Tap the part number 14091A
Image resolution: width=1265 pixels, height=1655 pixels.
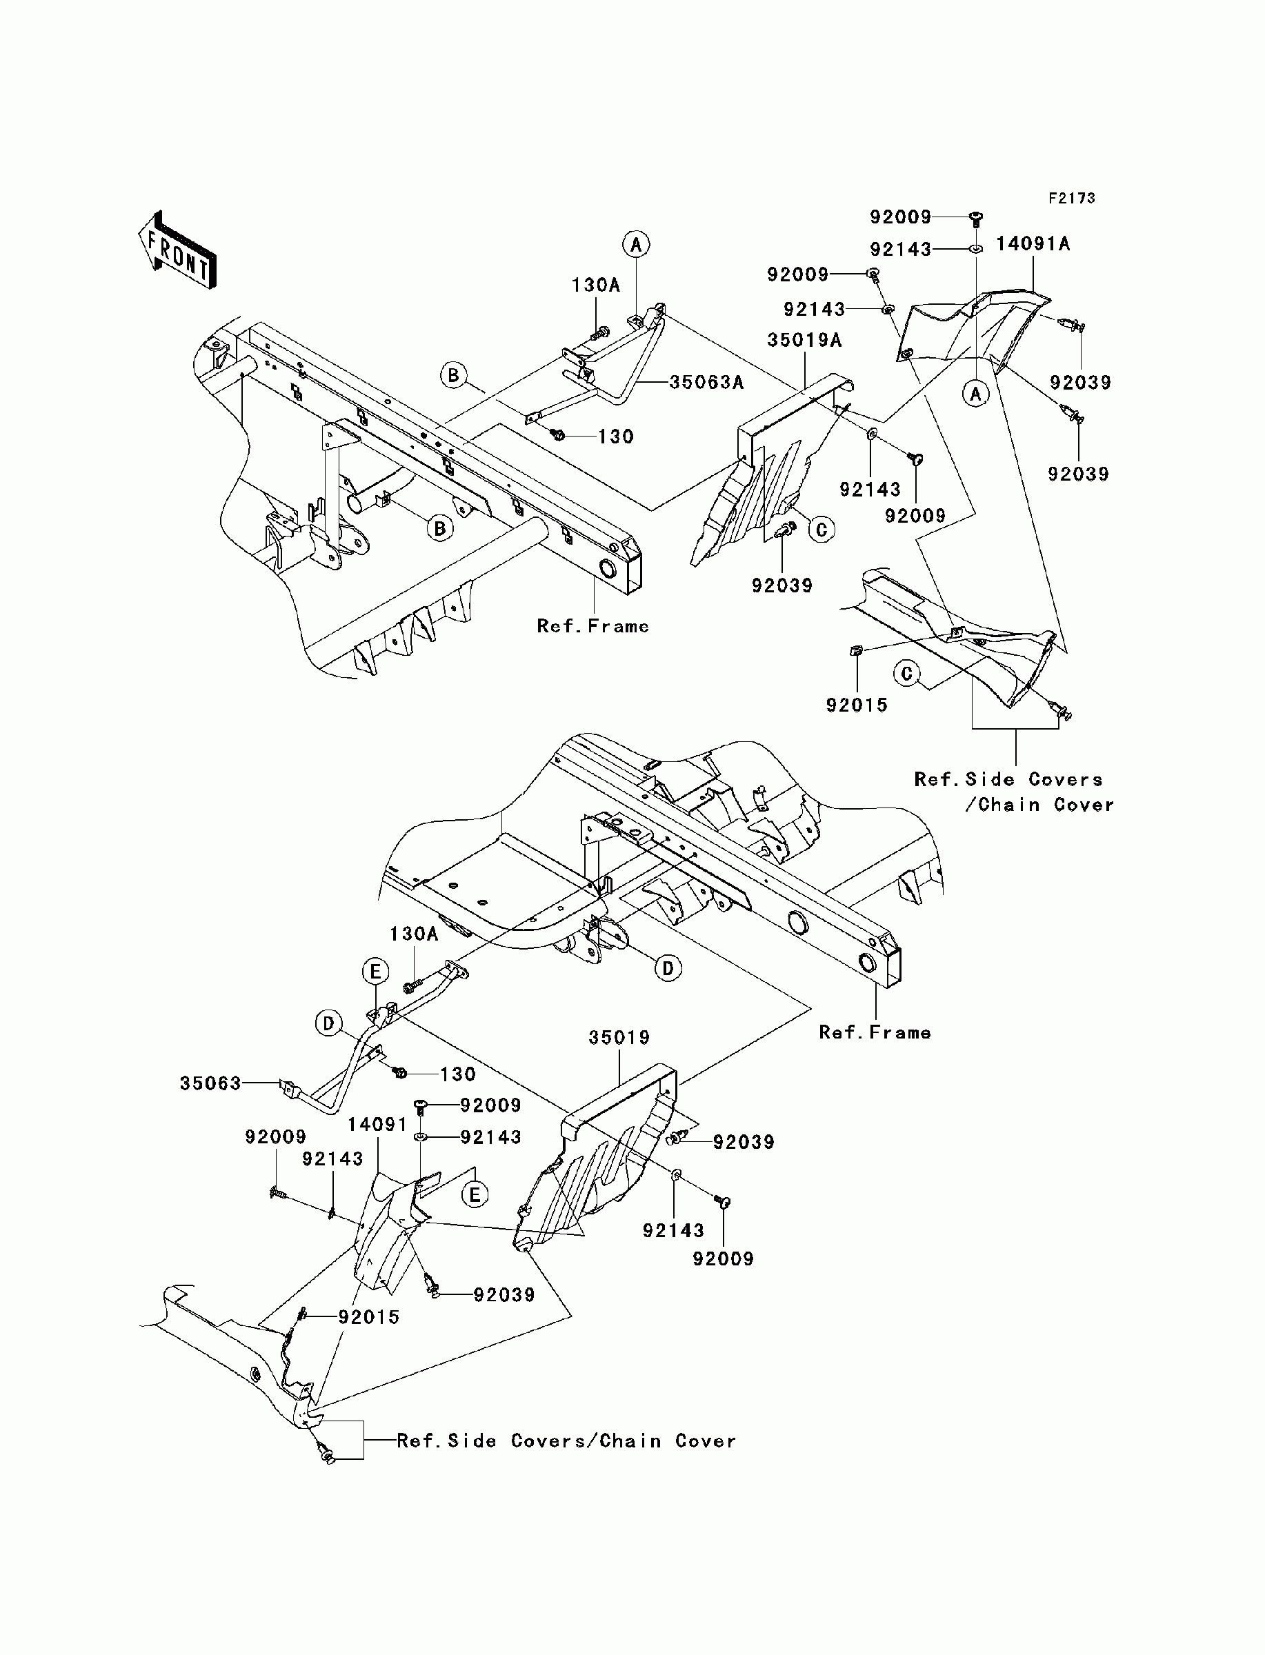click(1033, 244)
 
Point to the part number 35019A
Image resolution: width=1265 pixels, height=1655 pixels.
click(805, 340)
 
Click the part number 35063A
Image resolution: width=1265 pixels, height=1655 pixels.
click(706, 382)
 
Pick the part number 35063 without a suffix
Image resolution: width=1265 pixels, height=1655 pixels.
click(210, 1083)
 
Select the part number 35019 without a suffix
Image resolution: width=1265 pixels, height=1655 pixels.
click(619, 1037)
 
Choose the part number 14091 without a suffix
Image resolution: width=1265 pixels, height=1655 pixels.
click(377, 1125)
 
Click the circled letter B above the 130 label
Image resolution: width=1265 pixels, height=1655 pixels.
click(454, 375)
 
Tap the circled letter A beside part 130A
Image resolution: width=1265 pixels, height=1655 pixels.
click(636, 244)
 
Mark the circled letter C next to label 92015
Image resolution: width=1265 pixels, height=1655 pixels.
click(907, 674)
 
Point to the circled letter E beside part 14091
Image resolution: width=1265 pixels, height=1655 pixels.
click(475, 1194)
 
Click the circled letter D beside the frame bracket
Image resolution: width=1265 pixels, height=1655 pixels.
click(668, 969)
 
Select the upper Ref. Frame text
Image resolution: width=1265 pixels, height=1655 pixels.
click(592, 626)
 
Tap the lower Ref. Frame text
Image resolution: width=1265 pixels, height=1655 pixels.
click(875, 1032)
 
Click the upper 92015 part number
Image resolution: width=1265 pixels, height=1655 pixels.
click(857, 705)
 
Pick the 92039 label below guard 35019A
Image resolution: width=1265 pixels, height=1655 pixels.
click(782, 585)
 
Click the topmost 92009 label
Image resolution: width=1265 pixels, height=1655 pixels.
click(901, 217)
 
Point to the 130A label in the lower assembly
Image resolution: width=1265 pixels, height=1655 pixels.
click(413, 934)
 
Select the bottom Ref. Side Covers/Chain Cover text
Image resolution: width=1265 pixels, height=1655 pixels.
click(566, 1441)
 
